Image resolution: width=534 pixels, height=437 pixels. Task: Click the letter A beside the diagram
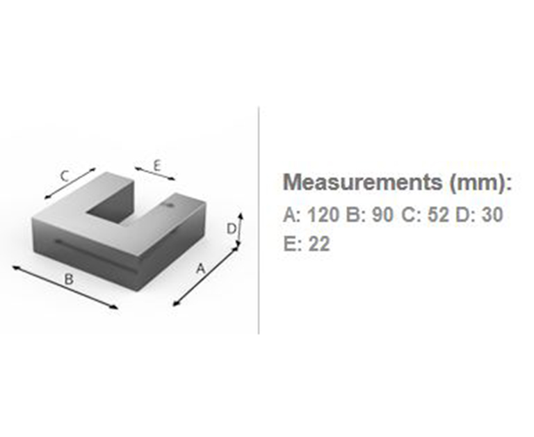(x=201, y=269)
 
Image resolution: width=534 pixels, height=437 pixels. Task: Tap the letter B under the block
(x=69, y=280)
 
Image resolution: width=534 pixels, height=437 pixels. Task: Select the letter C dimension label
(x=65, y=177)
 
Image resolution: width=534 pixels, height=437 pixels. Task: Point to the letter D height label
(x=232, y=229)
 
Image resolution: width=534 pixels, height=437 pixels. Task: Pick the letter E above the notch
(x=156, y=166)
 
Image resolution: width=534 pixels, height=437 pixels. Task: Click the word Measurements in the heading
(x=363, y=182)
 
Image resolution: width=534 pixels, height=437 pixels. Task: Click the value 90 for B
(x=382, y=215)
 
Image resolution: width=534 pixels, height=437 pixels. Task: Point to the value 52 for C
(x=438, y=215)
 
